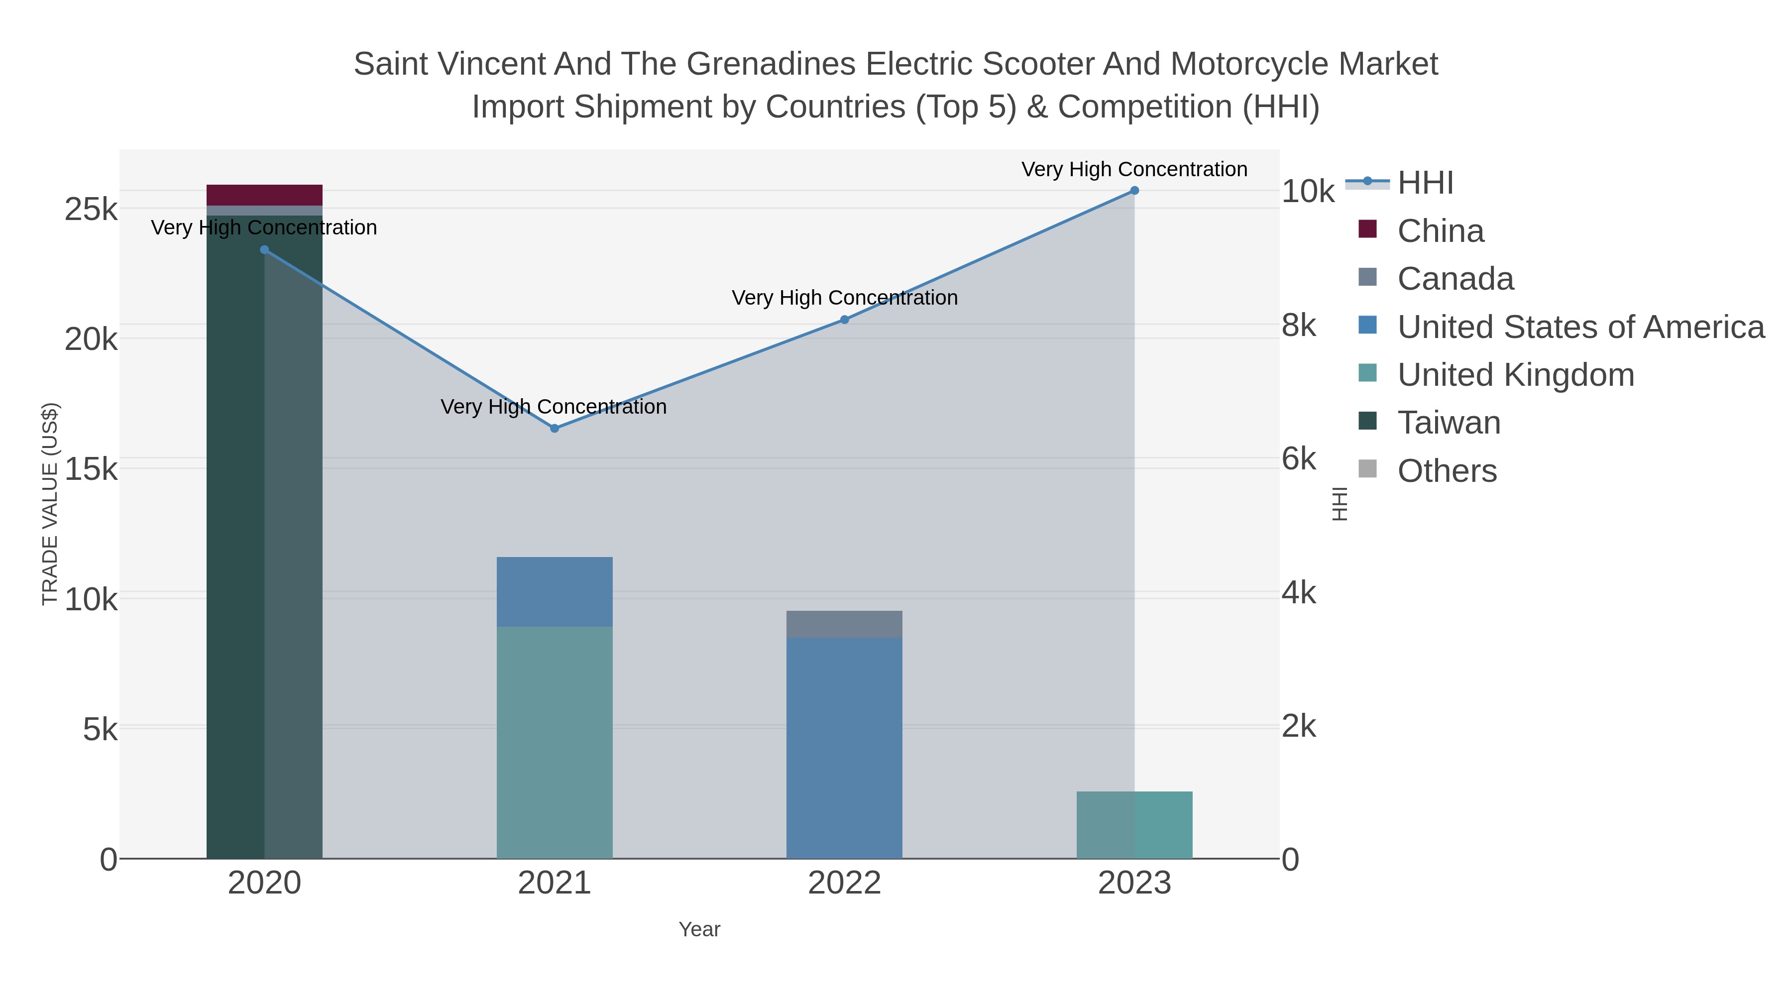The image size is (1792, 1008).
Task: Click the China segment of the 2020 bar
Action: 264,195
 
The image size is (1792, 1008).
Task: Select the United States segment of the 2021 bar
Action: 555,591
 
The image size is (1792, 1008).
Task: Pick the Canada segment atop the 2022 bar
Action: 844,624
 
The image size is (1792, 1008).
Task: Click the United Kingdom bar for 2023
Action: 1134,825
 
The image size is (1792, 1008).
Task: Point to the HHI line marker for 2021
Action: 555,429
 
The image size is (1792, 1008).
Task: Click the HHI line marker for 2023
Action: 1134,191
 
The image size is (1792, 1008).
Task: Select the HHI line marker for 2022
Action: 844,320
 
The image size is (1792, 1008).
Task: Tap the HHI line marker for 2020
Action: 264,250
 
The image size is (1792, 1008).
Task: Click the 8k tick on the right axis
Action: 1298,326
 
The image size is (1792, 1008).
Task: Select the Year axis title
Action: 699,929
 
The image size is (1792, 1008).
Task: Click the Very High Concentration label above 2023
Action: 1134,169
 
